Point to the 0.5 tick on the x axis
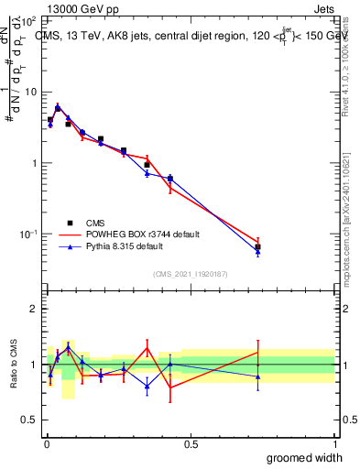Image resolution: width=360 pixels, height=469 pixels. pos(191,443)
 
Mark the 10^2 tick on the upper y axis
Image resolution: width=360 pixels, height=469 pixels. pos(29,20)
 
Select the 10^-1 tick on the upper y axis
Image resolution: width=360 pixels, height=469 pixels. pos(29,234)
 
